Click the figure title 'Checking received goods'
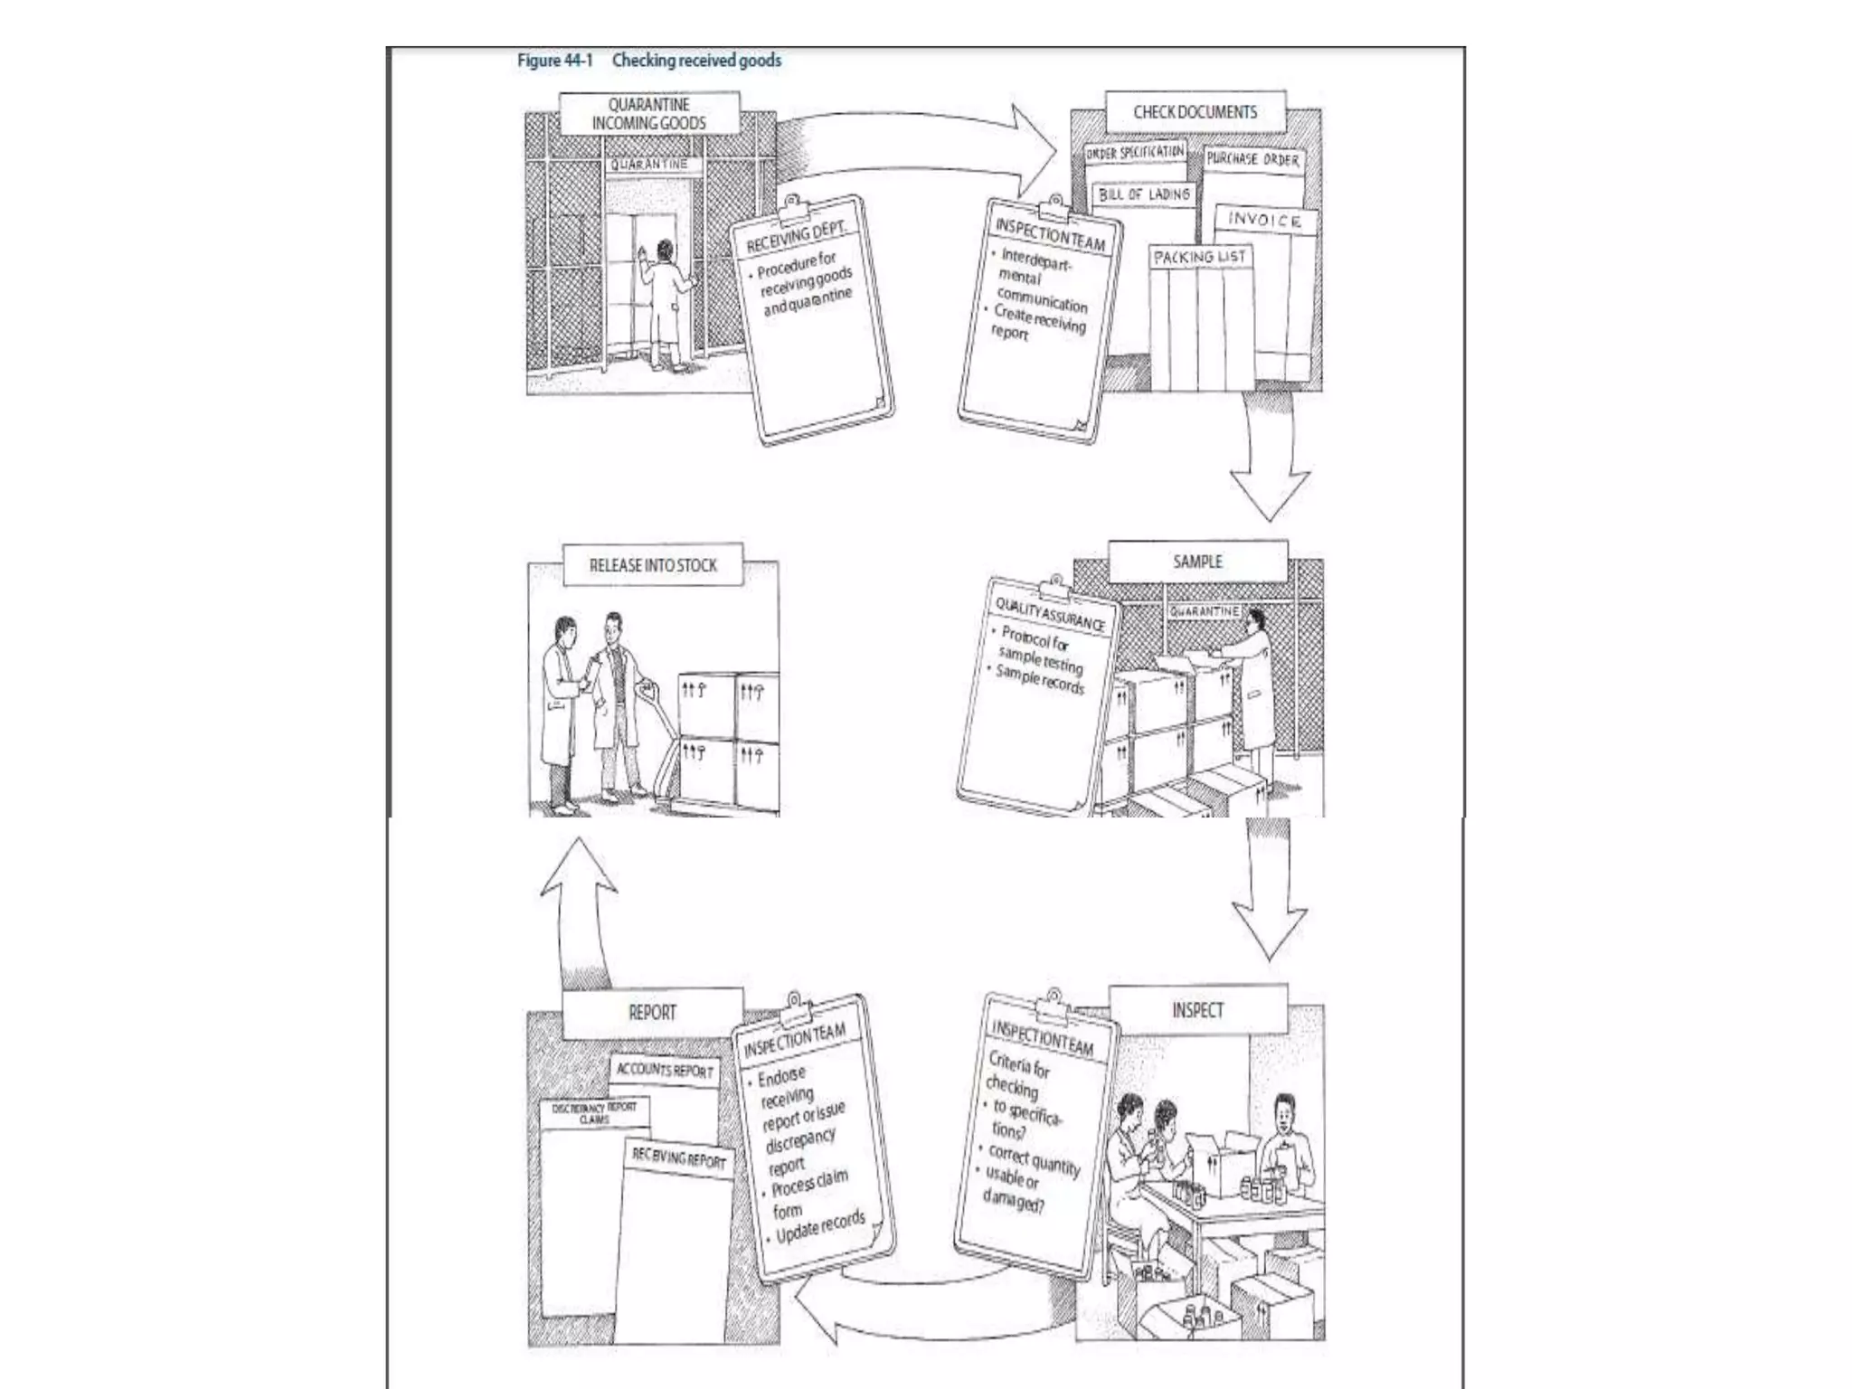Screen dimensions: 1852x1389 [695, 61]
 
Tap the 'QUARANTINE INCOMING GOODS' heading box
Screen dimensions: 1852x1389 [649, 114]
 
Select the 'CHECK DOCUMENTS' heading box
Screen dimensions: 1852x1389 [1195, 112]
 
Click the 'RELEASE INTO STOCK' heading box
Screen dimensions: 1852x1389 [653, 565]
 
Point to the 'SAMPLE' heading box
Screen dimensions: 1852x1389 [1197, 562]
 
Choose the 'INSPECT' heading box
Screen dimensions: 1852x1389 [1197, 1010]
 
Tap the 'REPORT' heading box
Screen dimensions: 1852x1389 [652, 1013]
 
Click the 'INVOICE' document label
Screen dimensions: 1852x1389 [1264, 221]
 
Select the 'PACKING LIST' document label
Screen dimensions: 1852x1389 [1200, 258]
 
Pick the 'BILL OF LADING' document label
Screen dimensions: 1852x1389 [1144, 194]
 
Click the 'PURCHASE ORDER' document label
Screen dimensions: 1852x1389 [1252, 160]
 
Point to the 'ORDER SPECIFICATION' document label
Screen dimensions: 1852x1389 [1135, 153]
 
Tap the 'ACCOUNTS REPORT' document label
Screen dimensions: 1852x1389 [665, 1071]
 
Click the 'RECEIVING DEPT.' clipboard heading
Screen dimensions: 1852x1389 [795, 237]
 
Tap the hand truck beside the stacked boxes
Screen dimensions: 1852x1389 [658, 742]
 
